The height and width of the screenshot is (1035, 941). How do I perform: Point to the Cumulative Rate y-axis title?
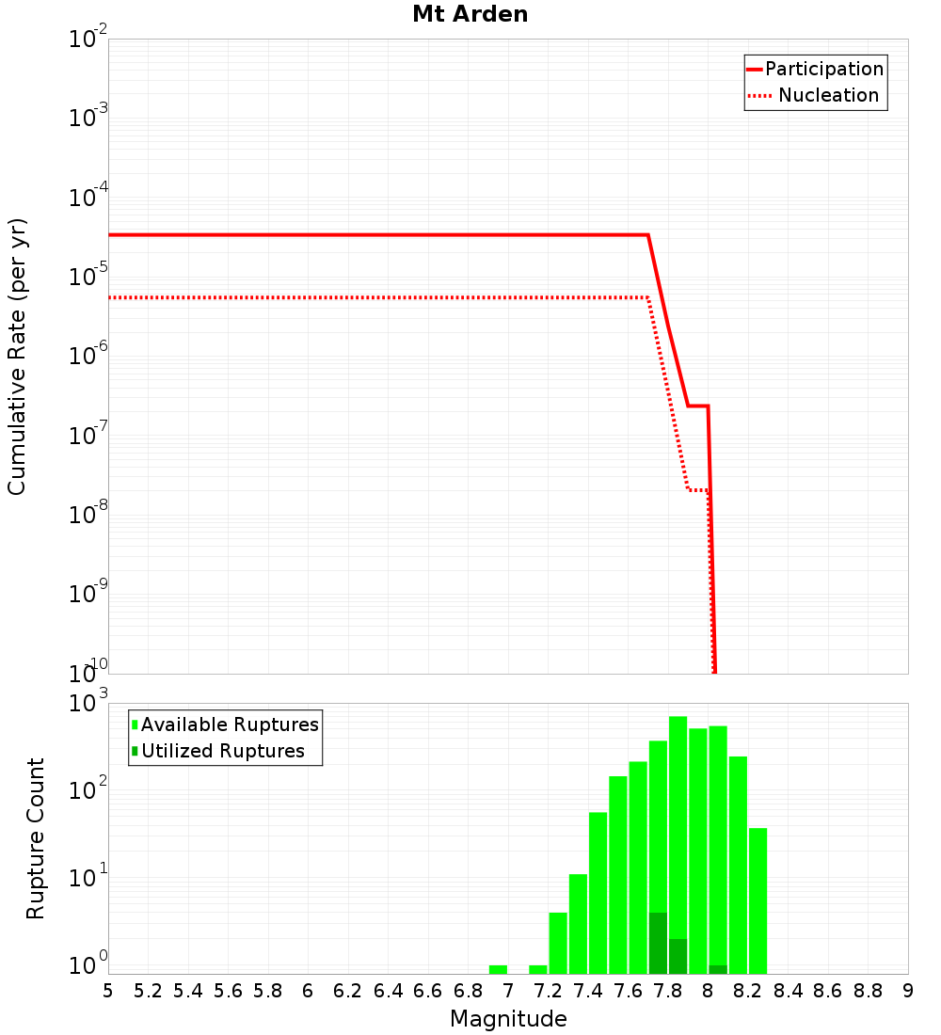(x=17, y=357)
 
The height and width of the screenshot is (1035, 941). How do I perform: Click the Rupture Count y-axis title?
(x=36, y=838)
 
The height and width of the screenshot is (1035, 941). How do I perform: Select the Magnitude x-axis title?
(x=508, y=1019)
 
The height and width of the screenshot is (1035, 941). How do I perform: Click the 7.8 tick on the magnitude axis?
(x=668, y=991)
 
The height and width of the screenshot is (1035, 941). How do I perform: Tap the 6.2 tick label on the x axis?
(x=348, y=991)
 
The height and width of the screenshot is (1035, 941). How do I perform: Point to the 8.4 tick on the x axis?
(x=788, y=991)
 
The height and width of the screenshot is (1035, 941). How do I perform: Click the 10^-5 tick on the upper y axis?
(x=88, y=276)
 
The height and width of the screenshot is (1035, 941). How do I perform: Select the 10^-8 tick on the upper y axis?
(x=88, y=514)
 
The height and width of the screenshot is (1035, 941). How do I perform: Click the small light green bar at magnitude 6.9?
(x=498, y=969)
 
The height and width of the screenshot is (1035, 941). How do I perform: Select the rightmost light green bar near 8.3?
(x=758, y=900)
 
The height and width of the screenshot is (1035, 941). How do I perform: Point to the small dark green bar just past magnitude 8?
(x=718, y=969)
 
